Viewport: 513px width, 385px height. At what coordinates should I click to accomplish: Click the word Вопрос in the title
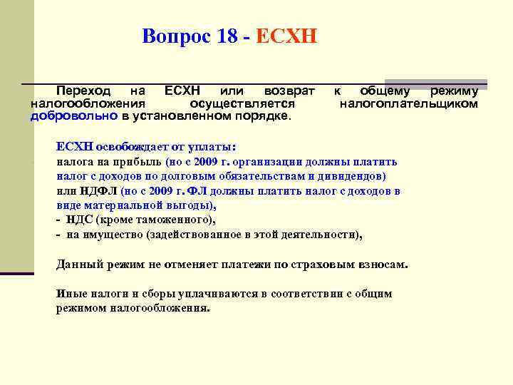[x=175, y=36]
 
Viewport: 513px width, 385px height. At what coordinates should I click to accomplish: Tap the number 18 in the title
[x=227, y=36]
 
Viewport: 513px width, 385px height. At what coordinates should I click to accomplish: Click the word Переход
[x=84, y=91]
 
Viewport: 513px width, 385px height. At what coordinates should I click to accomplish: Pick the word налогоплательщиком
[x=408, y=103]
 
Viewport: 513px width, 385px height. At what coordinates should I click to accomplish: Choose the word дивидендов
[x=353, y=175]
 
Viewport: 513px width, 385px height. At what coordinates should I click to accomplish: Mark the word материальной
[x=117, y=205]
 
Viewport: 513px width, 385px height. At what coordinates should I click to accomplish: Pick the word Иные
[x=71, y=294]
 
